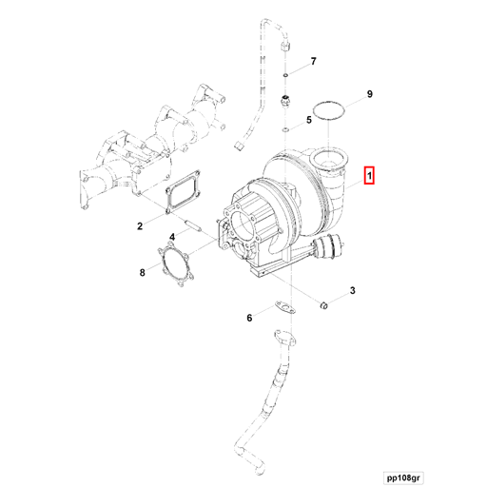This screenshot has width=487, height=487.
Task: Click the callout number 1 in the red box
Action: click(371, 176)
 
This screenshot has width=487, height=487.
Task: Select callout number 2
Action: click(139, 225)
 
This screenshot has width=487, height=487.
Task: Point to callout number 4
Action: click(172, 238)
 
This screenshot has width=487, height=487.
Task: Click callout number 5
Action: click(309, 121)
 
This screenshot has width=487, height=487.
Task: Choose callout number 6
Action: click(249, 318)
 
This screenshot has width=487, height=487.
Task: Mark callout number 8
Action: click(142, 273)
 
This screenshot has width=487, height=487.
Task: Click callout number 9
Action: click(370, 93)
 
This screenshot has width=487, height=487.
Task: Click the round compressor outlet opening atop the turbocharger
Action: click(334, 158)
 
